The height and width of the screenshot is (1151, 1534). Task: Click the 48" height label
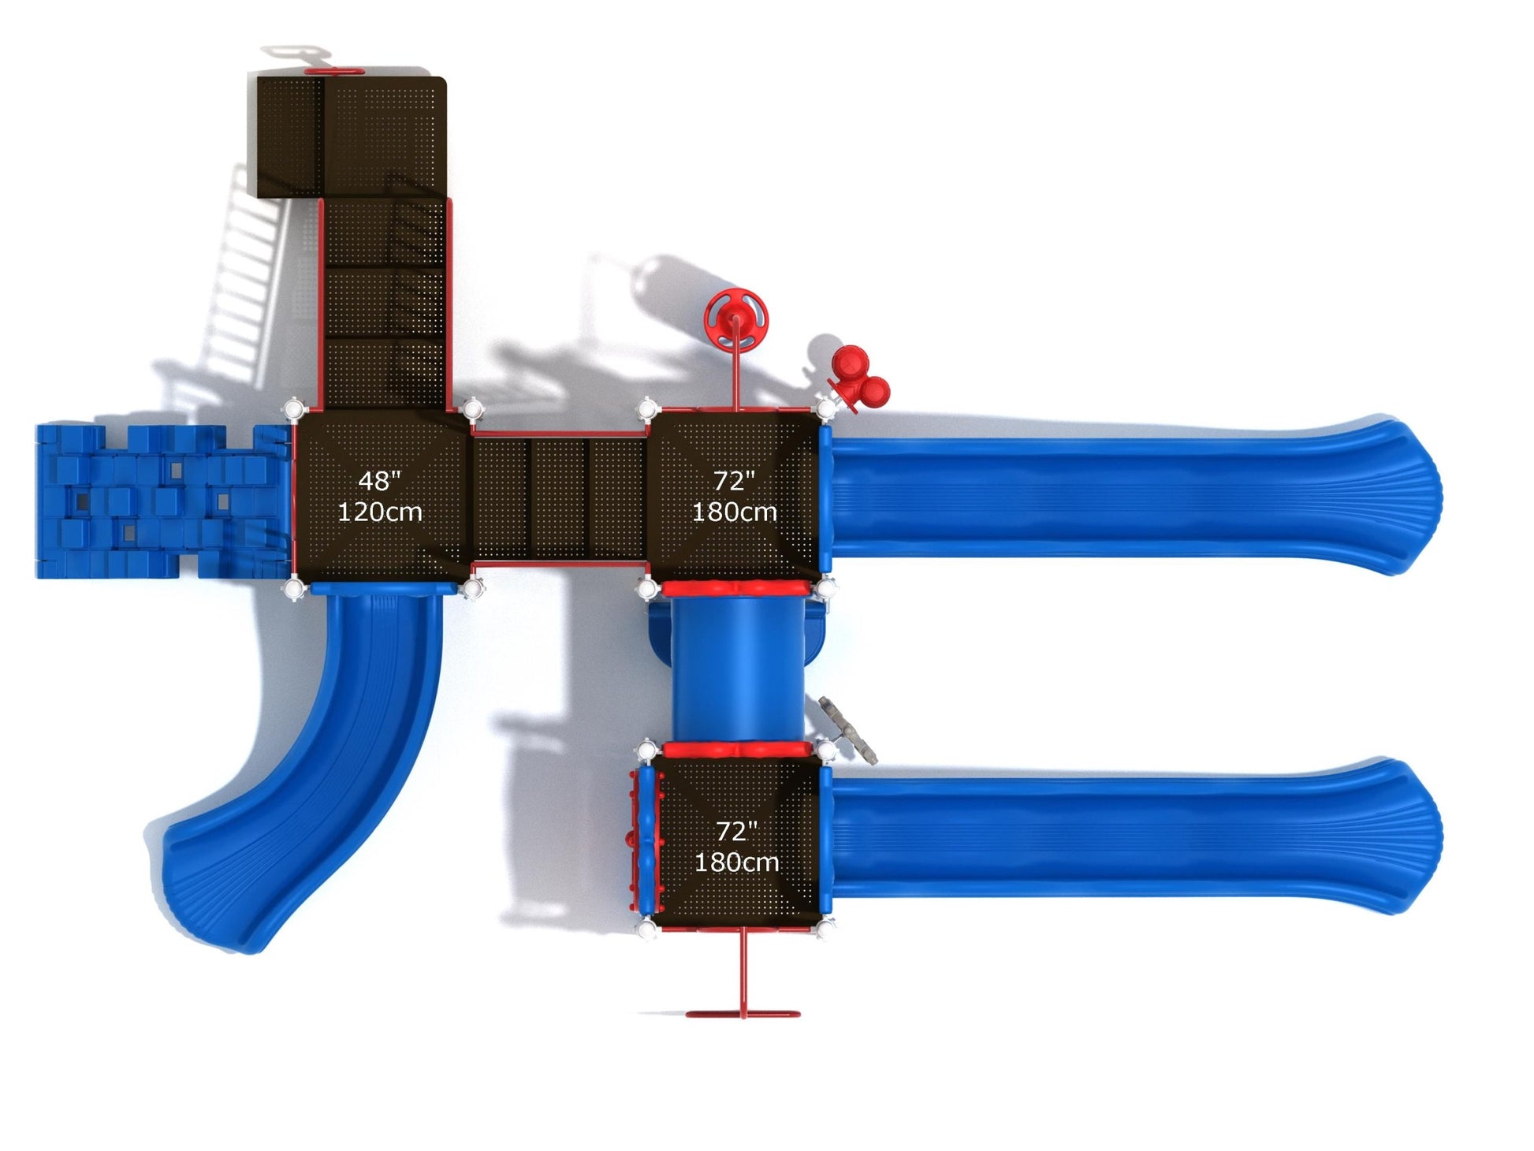380,480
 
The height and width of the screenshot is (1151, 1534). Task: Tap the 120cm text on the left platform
380,512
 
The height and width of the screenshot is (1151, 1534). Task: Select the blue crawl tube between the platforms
738,669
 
